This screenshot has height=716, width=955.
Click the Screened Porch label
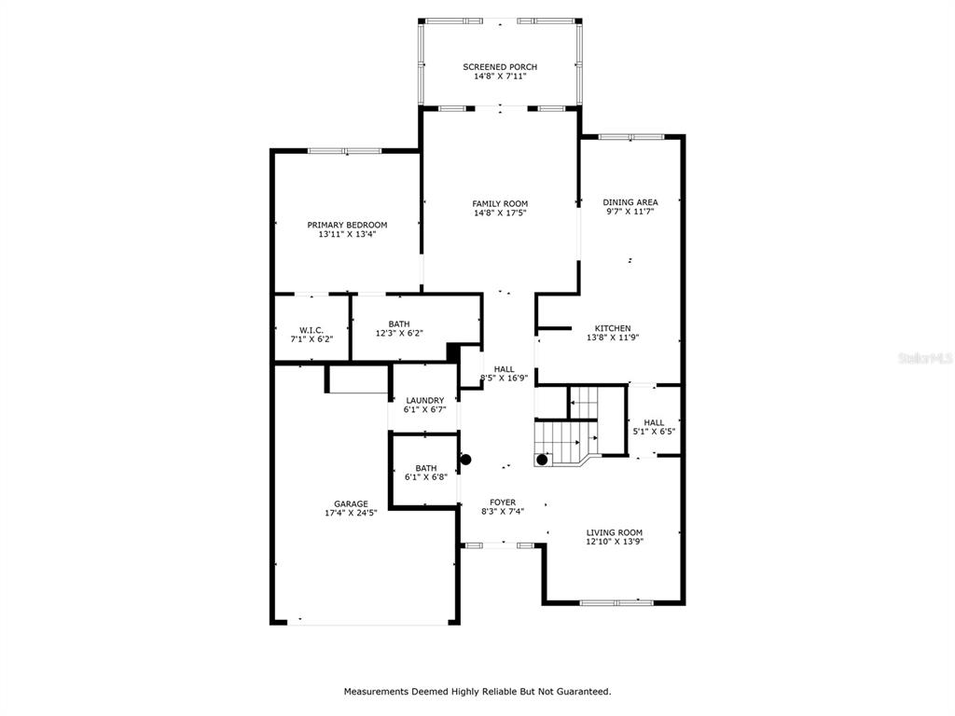(x=500, y=67)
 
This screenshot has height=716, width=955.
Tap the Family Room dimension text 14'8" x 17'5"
(x=500, y=213)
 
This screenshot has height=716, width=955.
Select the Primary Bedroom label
(x=347, y=225)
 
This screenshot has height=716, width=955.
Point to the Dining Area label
(x=630, y=202)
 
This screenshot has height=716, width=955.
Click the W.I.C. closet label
(x=311, y=330)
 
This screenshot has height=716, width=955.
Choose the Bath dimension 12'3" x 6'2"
(x=399, y=333)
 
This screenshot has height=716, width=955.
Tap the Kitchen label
(x=613, y=328)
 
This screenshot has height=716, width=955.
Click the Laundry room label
(x=425, y=400)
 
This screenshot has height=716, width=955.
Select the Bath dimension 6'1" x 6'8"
(x=425, y=477)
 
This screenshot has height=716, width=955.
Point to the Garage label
(x=351, y=503)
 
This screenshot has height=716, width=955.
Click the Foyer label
(x=503, y=503)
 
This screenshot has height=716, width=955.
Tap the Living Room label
(x=615, y=532)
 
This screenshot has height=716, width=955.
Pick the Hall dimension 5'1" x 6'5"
(x=654, y=432)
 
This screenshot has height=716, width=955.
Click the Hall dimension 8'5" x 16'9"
(x=505, y=378)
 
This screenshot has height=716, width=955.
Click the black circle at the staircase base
(x=542, y=460)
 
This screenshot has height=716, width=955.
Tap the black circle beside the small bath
(x=466, y=460)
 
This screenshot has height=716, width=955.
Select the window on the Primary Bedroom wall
(x=345, y=150)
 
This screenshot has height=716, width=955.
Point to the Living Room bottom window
(x=616, y=603)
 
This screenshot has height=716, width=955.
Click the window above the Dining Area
(x=631, y=137)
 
